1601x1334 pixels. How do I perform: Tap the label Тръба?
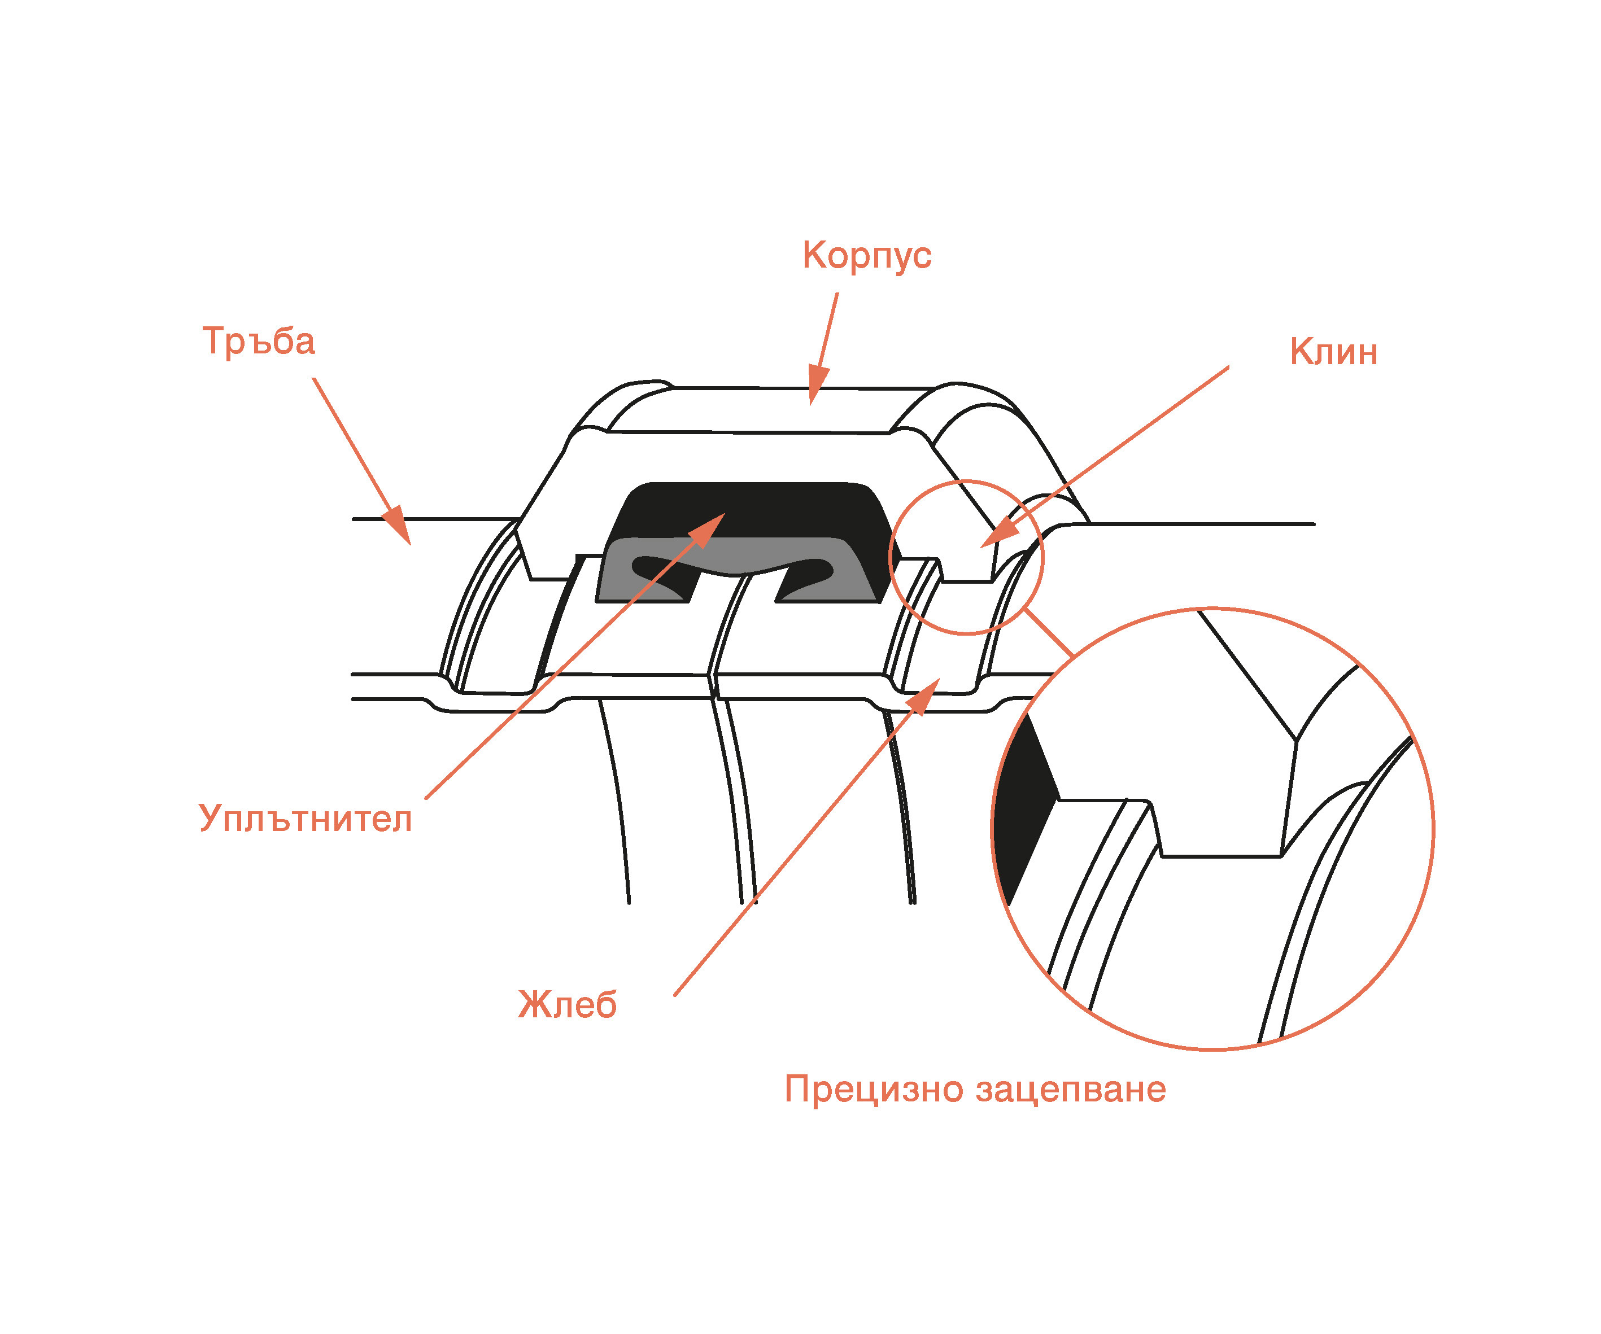click(259, 341)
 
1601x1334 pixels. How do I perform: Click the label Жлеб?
click(567, 1005)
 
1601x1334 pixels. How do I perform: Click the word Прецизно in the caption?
click(874, 1090)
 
